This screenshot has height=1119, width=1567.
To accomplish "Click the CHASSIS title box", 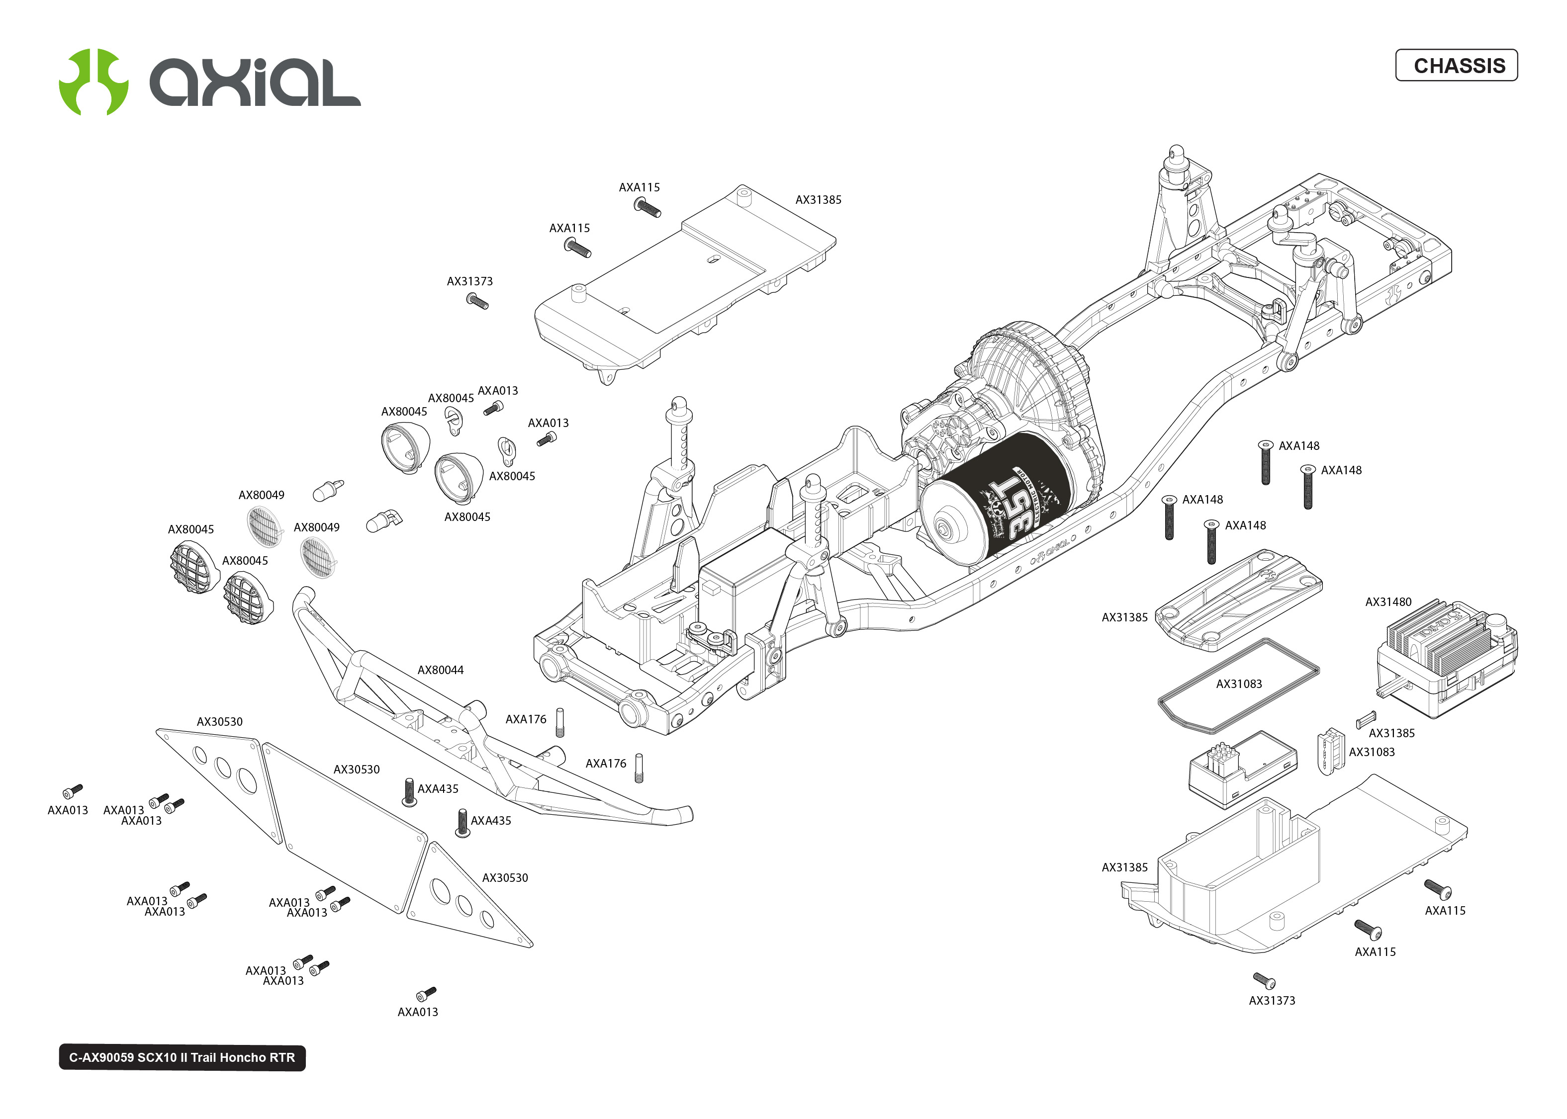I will point(1456,66).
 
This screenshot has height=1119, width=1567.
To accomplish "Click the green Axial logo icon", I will point(93,82).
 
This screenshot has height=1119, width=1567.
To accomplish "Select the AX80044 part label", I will point(440,670).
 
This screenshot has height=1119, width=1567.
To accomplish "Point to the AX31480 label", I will point(1388,602).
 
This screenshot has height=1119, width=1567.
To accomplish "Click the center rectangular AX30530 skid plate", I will point(345,827).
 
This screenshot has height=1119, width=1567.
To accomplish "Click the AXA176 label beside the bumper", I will point(526,719).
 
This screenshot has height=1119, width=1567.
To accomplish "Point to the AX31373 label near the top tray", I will point(469,281).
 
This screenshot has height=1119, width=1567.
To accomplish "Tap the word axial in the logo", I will point(255,83).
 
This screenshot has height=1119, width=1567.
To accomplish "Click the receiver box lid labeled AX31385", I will point(1237,600).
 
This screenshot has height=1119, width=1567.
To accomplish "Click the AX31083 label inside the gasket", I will point(1238,684).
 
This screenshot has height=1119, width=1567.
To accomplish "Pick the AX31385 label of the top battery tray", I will point(818,200).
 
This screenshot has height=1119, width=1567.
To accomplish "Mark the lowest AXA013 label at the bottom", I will point(418,1012).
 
